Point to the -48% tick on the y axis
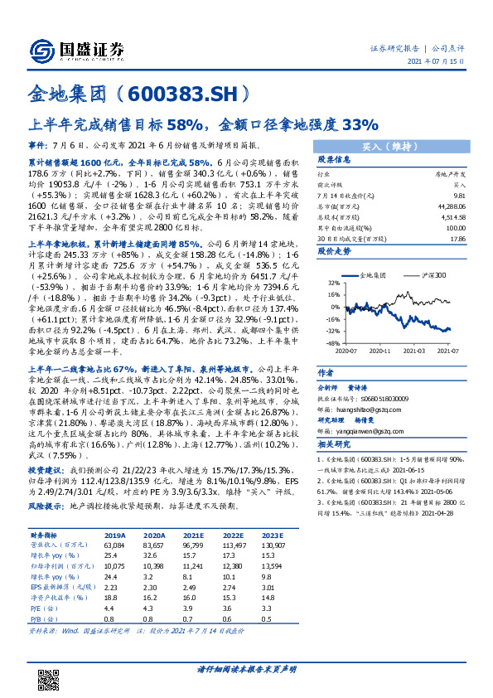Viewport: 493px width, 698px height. (330, 342)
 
